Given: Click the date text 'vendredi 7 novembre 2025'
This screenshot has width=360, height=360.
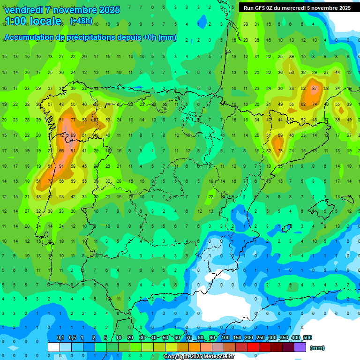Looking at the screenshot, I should tap(62, 10).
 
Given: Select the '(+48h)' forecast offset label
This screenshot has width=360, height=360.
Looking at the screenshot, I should tap(81, 21).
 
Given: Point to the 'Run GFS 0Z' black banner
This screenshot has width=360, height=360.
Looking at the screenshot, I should tap(297, 8).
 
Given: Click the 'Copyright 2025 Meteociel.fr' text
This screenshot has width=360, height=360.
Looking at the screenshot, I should tap(199, 356).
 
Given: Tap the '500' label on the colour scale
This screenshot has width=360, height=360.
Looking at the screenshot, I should tap(307, 337).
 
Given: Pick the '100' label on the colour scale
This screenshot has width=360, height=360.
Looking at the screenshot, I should tap(225, 337).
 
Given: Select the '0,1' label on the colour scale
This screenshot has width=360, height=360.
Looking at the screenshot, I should tap(60, 337).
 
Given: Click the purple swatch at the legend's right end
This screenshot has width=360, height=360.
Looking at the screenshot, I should tap(300, 347).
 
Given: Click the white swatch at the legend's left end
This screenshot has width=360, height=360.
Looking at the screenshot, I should tap(54, 347).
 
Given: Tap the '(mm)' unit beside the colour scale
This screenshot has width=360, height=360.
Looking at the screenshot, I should tap(317, 348).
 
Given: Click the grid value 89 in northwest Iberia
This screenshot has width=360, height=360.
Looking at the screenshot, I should tap(73, 135).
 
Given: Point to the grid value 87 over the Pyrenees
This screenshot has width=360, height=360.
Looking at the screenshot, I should tap(314, 88).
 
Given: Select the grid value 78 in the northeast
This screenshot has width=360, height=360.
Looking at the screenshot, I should tap(280, 151).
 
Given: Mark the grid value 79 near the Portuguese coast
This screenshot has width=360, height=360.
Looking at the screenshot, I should tap(51, 181).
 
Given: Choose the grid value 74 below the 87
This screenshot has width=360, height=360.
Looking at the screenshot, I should tap(314, 104).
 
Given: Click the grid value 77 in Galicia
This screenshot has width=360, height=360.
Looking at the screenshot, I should tap(73, 120).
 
